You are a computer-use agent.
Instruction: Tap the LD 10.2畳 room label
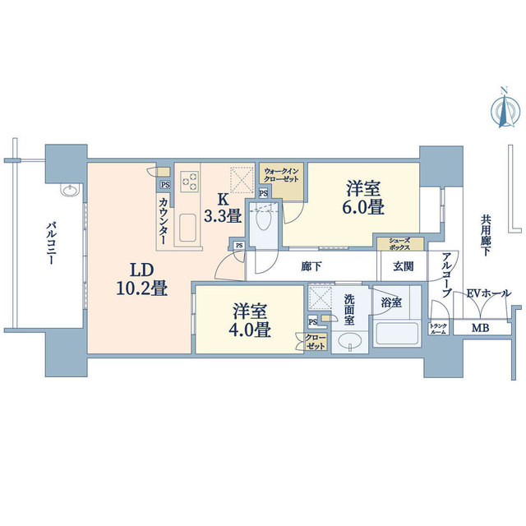(142, 279)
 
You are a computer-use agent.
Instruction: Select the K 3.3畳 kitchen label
(223, 208)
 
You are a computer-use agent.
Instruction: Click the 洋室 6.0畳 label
(363, 197)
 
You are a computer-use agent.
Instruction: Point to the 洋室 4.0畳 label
(250, 321)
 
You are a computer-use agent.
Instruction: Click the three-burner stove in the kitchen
(189, 181)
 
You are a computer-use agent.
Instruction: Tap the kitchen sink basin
(187, 228)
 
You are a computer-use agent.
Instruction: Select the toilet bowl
(263, 220)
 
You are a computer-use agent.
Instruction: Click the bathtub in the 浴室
(397, 335)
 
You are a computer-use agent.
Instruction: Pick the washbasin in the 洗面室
(350, 342)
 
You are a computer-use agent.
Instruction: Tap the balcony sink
(70, 190)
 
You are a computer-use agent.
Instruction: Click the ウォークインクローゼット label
(281, 175)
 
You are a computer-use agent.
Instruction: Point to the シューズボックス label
(399, 244)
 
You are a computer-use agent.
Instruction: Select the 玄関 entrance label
(404, 266)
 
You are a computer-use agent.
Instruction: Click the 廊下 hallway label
(311, 266)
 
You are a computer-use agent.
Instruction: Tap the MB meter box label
(480, 328)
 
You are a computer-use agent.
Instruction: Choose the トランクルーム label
(438, 329)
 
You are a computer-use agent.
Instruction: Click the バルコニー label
(50, 242)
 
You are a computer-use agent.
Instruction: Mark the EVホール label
(489, 293)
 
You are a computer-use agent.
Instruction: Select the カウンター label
(164, 221)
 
